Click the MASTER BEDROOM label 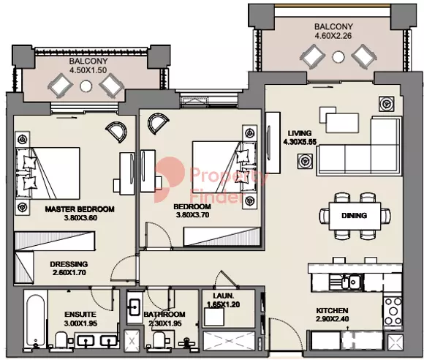point(80,209)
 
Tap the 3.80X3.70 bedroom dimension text point(192,215)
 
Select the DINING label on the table point(355,216)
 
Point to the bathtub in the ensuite point(35,320)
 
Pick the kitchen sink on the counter point(350,282)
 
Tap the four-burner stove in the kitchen point(393,311)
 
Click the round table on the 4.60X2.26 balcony point(338,57)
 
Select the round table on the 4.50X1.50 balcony point(86,86)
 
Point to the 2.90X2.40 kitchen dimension point(332,319)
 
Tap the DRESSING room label point(69,264)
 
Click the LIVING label point(300,133)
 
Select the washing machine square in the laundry point(214,317)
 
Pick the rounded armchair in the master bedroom point(117,132)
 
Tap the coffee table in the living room point(342,123)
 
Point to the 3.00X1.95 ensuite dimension point(80,323)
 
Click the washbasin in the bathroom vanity point(134,307)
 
